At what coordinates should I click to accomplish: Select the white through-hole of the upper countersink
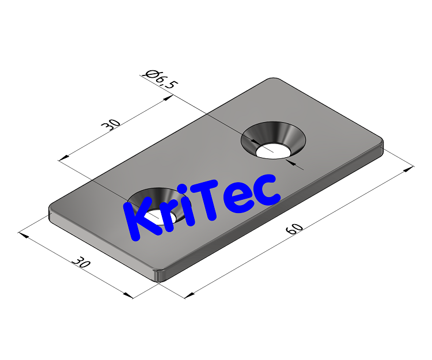(273, 151)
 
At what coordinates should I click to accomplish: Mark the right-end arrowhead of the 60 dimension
(410, 168)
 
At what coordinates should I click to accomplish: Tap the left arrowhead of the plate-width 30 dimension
(23, 234)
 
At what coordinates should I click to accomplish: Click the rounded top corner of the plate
(274, 79)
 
